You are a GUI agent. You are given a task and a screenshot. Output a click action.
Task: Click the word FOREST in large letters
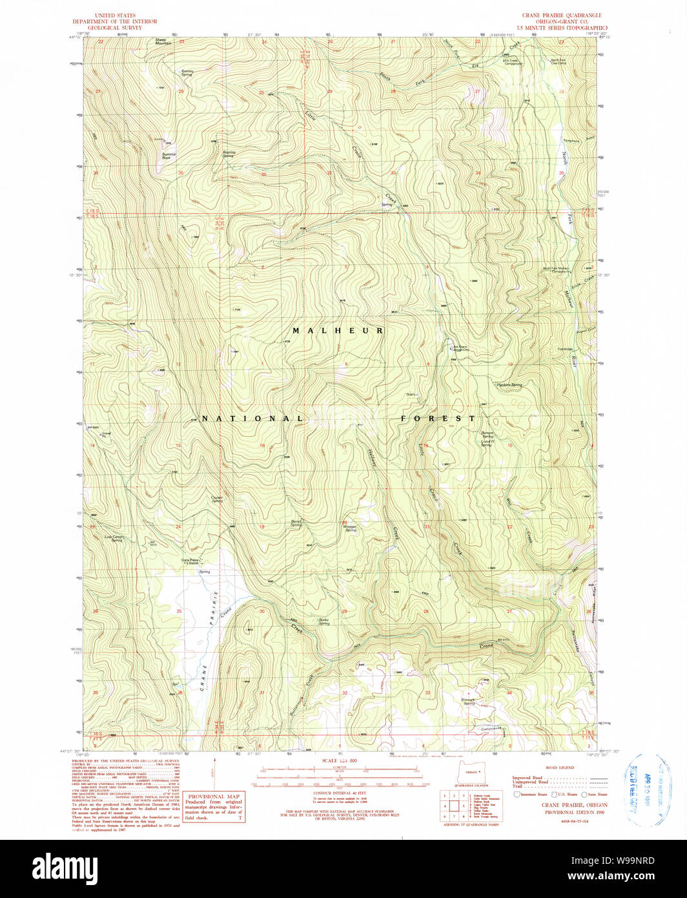pyautogui.click(x=438, y=419)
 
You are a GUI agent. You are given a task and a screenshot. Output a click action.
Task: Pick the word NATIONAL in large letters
pyautogui.click(x=252, y=419)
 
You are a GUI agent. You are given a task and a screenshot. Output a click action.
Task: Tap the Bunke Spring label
pyautogui.click(x=323, y=621)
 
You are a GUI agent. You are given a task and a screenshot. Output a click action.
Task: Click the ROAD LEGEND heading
pyautogui.click(x=560, y=768)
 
